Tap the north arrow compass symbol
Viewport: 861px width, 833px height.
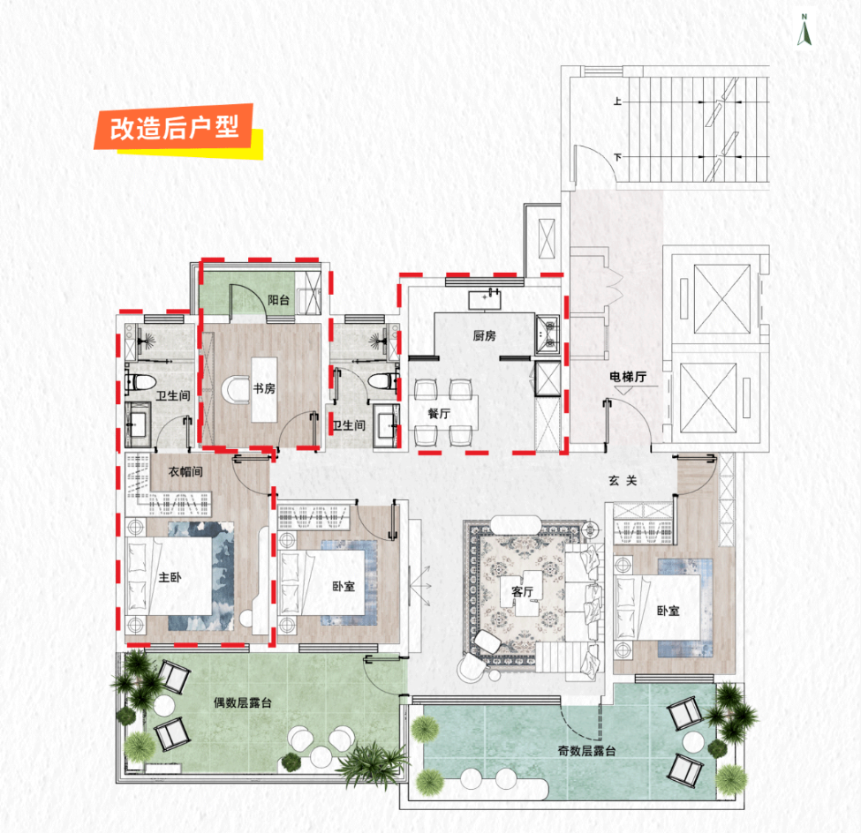804,30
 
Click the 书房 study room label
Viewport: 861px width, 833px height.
264,388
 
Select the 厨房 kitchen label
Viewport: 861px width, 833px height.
484,335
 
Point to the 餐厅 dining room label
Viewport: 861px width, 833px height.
439,413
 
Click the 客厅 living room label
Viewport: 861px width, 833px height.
522,591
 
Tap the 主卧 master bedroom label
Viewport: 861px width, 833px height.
170,577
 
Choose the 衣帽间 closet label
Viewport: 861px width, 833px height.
185,471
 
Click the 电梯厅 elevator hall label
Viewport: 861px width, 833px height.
628,377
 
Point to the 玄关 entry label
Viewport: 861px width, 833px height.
623,480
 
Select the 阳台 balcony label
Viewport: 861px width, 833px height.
278,300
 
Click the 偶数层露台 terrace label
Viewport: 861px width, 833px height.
243,702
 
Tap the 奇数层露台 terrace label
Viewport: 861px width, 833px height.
586,750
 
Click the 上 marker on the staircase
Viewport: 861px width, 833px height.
618,101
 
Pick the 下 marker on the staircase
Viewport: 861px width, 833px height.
618,157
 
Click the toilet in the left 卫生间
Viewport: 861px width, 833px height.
140,381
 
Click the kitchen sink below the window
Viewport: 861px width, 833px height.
485,300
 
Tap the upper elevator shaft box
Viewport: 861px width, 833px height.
721,298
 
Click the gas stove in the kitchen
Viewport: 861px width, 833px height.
547,334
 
